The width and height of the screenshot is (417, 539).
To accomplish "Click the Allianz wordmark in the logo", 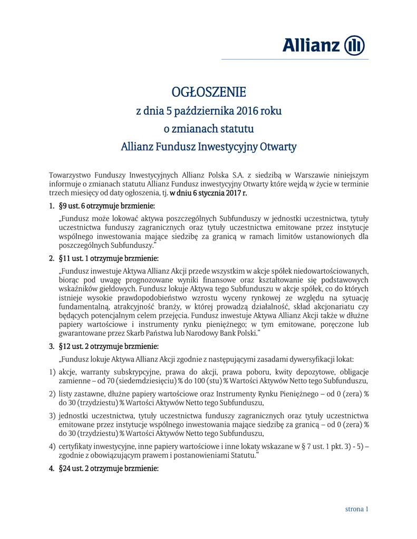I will pyautogui.click(x=311, y=46).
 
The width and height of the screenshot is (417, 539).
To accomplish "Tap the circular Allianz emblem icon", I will pyautogui.click(x=354, y=46).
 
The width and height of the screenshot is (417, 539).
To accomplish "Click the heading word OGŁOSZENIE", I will pyautogui.click(x=209, y=93).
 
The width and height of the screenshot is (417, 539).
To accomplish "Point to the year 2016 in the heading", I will pyautogui.click(x=248, y=111).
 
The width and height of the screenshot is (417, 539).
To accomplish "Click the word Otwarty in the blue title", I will pyautogui.click(x=277, y=146).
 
